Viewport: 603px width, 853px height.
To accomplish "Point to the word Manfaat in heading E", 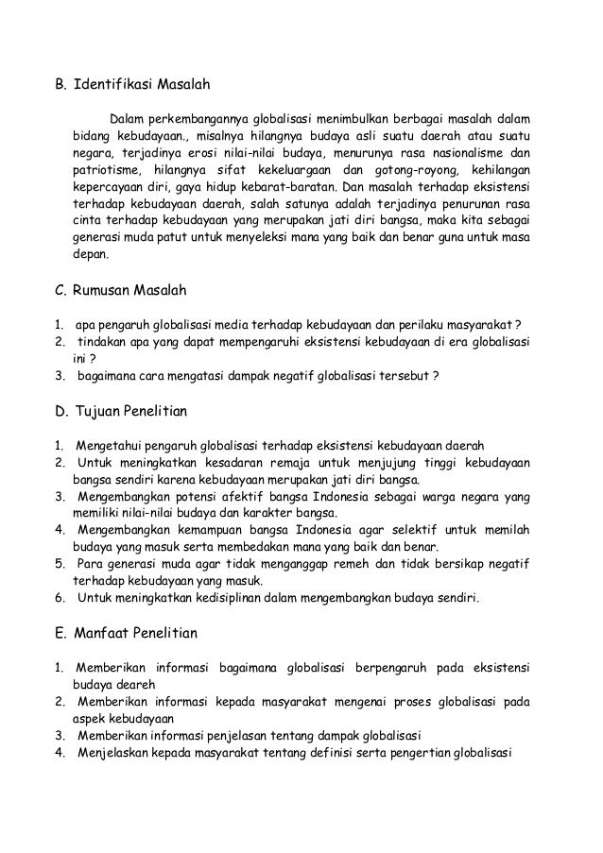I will [103, 634].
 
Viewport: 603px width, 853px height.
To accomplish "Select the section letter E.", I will [55, 634].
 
